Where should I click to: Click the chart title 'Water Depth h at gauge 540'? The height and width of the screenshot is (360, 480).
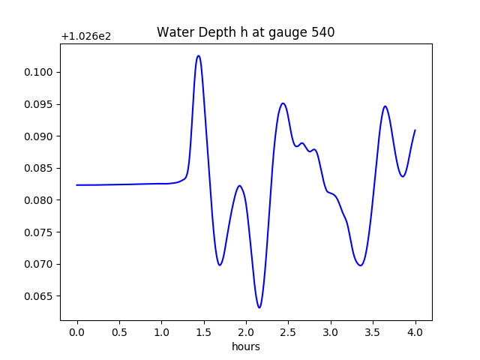click(x=245, y=32)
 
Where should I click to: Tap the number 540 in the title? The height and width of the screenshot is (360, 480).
click(x=323, y=32)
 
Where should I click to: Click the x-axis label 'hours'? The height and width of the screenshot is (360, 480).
click(x=245, y=346)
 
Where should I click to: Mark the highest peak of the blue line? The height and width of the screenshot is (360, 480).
click(x=198, y=55)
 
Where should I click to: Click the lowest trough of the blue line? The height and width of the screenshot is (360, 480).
click(x=259, y=307)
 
